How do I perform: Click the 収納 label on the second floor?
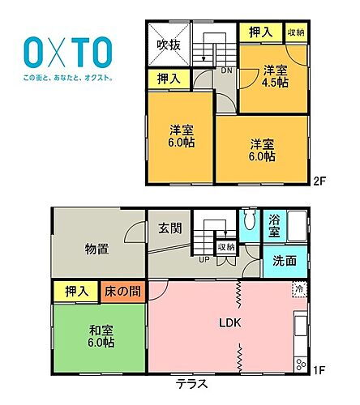(297, 32)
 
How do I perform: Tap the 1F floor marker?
(319, 371)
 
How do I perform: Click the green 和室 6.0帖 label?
(97, 335)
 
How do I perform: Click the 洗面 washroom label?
(284, 262)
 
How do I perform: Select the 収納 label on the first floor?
(225, 247)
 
